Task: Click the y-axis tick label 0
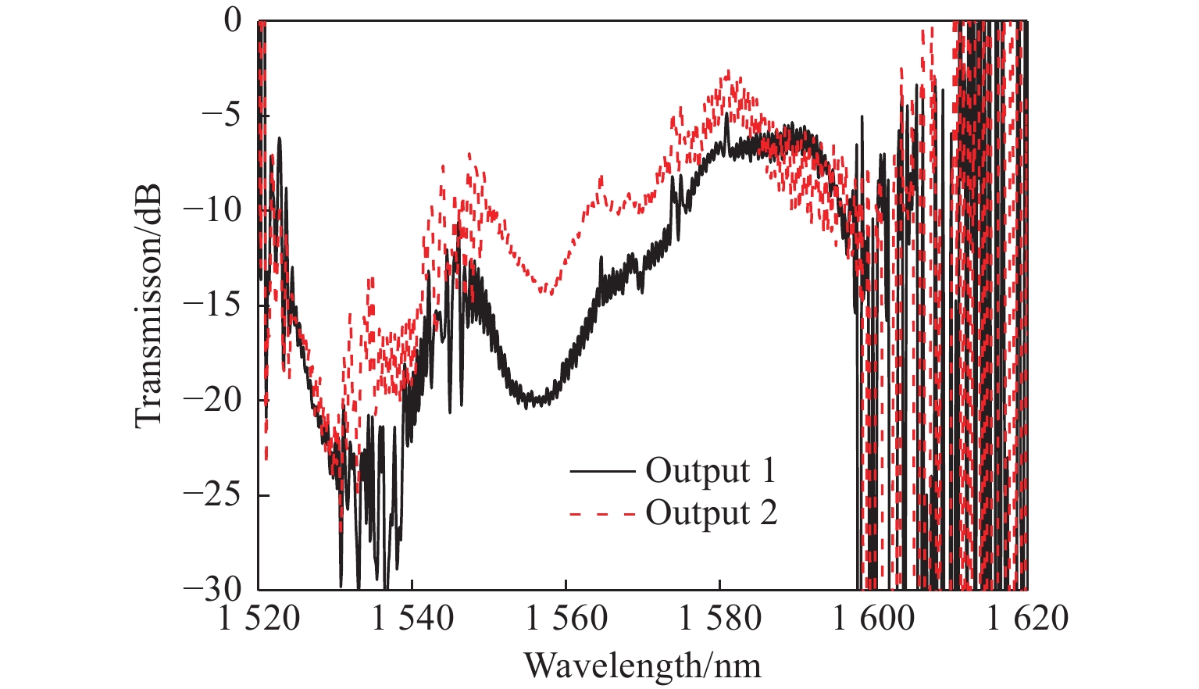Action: [234, 21]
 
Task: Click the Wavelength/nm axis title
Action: [642, 666]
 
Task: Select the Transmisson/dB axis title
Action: [148, 305]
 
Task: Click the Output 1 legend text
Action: [711, 471]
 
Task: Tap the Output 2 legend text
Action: [711, 513]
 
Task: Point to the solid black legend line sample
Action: [601, 472]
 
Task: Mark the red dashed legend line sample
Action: [601, 514]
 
